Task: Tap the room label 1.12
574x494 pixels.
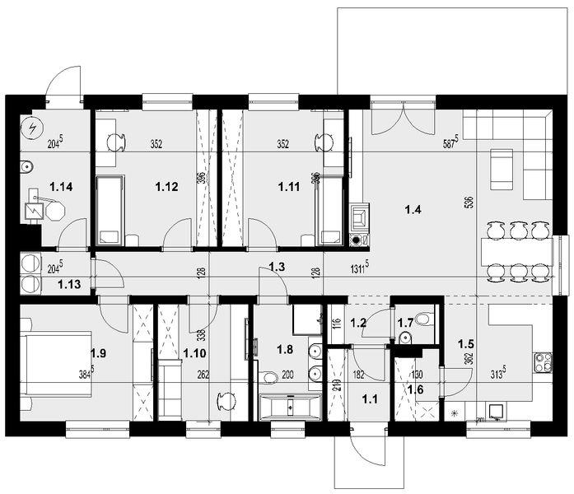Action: click(166, 187)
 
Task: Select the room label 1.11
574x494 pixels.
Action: click(289, 187)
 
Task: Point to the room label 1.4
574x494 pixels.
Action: click(413, 211)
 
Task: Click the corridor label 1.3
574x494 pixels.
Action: click(278, 266)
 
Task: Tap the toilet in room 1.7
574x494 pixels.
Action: click(422, 318)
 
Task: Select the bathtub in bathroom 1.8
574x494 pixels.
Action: click(289, 406)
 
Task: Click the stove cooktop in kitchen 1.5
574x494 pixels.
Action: click(543, 360)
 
